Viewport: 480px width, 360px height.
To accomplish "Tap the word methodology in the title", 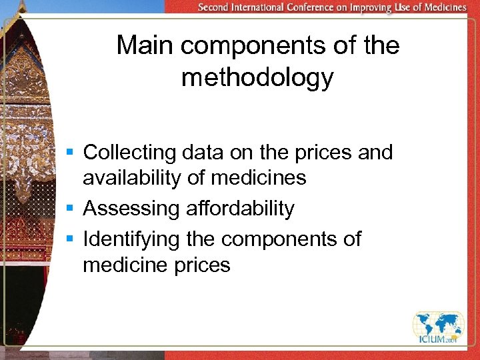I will pyautogui.click(x=257, y=78).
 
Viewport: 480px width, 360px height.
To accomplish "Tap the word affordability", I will pyautogui.click(x=240, y=209).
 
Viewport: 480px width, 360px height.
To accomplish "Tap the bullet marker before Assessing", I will pyautogui.click(x=70, y=209).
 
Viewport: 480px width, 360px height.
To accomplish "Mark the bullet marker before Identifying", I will pyautogui.click(x=70, y=239).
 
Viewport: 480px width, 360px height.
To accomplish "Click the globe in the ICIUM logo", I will pyautogui.click(x=438, y=325).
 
